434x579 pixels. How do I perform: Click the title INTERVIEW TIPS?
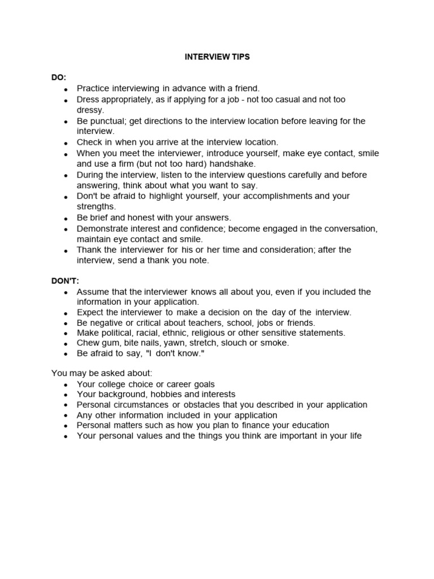tap(217, 58)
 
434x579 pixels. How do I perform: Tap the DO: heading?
tap(59, 77)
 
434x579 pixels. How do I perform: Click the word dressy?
tap(90, 110)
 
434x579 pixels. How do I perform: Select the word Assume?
tap(92, 292)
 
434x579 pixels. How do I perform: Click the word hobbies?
tap(167, 394)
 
